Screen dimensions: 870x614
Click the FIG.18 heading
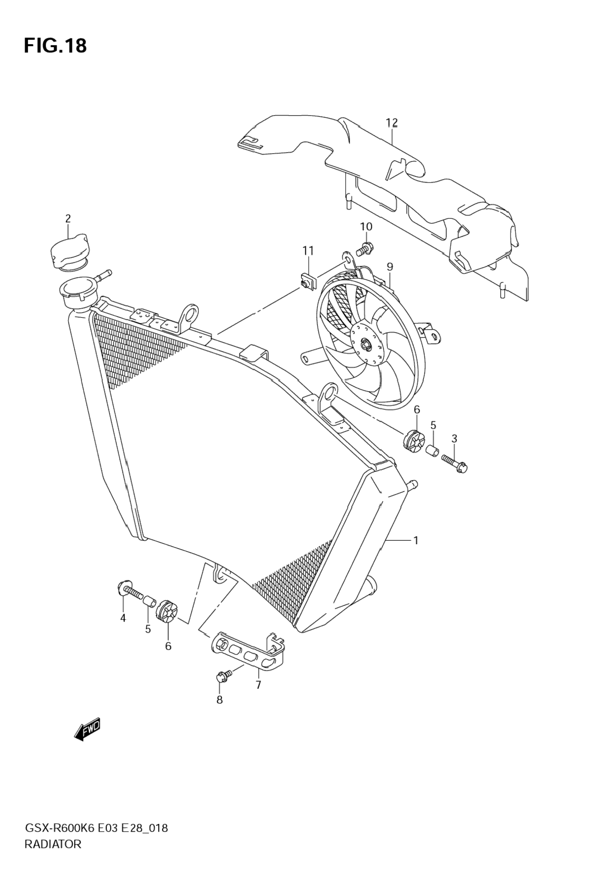coord(55,46)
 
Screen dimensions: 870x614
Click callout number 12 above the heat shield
coord(391,123)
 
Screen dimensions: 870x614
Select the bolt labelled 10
coord(365,248)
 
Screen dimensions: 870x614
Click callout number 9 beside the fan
coord(389,267)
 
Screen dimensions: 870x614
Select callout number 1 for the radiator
coord(416,540)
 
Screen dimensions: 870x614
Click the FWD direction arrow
coord(88,728)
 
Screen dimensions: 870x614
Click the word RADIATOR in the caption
coord(53,844)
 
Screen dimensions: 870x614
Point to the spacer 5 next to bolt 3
coord(432,450)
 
